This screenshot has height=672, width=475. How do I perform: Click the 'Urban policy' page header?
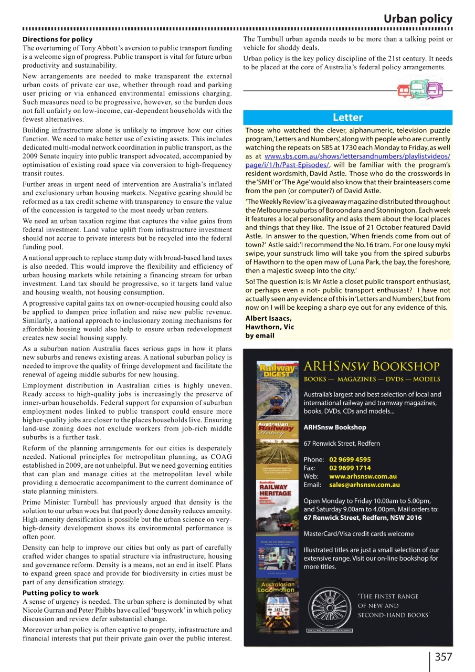(417, 19)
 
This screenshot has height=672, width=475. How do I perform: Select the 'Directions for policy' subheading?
(57, 39)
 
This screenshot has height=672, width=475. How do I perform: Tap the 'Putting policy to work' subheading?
(60, 593)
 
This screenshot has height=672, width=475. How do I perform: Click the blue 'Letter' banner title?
(347, 117)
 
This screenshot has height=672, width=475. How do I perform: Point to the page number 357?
(442, 657)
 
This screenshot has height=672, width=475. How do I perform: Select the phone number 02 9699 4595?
(350, 459)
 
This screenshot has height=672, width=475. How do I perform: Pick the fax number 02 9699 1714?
(350, 468)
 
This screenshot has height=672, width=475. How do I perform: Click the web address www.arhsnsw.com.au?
(362, 476)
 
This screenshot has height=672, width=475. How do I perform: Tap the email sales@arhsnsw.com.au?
(364, 485)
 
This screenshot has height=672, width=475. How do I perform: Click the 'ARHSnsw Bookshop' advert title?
(372, 366)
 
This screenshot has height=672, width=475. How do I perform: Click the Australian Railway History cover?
(276, 441)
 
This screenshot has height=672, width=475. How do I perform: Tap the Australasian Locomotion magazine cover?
(276, 604)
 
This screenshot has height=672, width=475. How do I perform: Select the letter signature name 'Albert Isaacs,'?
(268, 319)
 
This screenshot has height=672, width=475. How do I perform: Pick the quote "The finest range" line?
(387, 596)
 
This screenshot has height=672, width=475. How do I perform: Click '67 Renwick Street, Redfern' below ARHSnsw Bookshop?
(342, 443)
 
